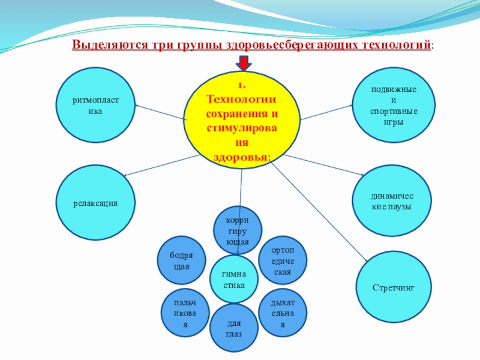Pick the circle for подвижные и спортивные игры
pyautogui.click(x=385, y=106)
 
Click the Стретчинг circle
pyautogui.click(x=394, y=288)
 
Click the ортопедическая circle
pyautogui.click(x=282, y=260)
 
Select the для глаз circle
pyautogui.click(x=234, y=328)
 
